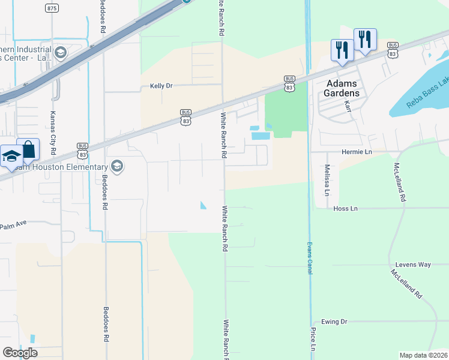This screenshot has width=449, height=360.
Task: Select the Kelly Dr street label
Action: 161,86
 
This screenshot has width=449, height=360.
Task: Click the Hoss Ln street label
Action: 345,208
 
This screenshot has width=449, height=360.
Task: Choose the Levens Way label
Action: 413,265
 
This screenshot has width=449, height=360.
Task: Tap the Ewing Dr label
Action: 334,322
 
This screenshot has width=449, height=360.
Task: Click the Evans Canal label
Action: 310,259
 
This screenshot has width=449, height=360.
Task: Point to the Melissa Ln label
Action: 327,180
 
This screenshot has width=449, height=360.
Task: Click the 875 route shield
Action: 52,8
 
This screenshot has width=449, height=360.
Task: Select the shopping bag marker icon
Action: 28,149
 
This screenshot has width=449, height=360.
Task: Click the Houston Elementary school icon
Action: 117,166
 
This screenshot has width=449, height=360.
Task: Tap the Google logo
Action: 20,353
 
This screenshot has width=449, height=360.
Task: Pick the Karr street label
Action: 347,106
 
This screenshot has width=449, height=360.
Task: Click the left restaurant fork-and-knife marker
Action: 342,50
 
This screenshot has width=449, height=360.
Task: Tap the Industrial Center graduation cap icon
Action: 60,53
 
